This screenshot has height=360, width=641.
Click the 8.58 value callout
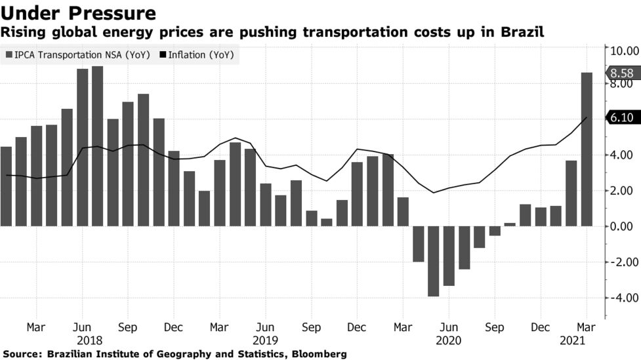point(622,73)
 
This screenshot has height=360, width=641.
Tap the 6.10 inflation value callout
point(622,117)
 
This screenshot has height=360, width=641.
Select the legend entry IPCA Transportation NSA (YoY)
point(78,55)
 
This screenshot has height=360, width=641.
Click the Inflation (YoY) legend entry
point(197,55)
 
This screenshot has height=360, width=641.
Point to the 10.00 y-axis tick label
point(624,50)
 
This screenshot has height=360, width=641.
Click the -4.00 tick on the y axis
point(624,298)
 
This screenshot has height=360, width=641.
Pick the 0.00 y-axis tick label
point(624,226)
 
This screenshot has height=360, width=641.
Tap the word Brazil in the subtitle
point(522,32)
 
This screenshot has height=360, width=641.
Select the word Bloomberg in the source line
point(319,353)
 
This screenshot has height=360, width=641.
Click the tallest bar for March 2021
point(587,149)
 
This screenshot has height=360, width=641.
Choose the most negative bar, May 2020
point(433,261)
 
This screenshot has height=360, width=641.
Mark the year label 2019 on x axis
point(265,340)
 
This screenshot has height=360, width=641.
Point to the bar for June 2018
point(82,148)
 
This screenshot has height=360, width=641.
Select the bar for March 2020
point(403,212)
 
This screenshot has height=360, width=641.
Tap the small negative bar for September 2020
point(495,231)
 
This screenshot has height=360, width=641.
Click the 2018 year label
point(89,340)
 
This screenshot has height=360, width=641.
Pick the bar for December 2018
point(174,188)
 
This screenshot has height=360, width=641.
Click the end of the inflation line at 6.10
point(587,117)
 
